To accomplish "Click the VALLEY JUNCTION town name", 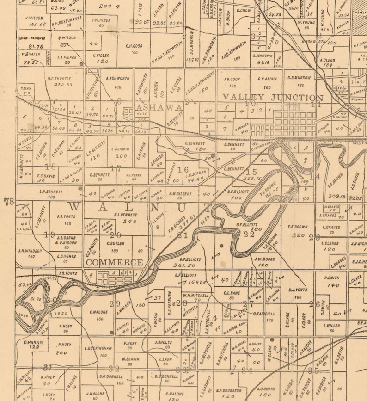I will (x=273, y=98).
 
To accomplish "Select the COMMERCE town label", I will (x=115, y=262).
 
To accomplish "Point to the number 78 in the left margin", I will (x=8, y=202).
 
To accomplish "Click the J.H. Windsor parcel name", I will (x=30, y=251).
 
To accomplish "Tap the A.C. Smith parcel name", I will (x=266, y=389).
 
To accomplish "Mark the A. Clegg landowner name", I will (x=327, y=60).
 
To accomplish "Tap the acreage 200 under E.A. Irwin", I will (x=121, y=156).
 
